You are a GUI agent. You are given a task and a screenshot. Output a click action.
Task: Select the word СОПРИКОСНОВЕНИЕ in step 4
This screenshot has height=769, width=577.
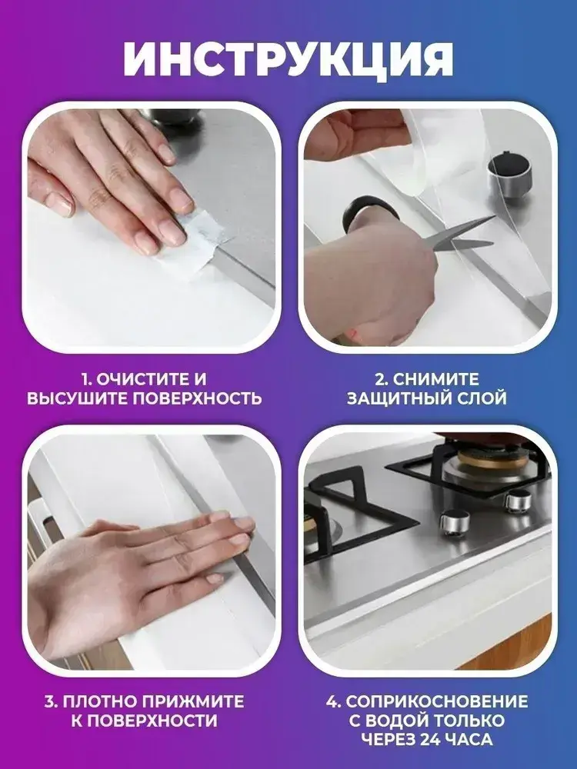(x=437, y=701)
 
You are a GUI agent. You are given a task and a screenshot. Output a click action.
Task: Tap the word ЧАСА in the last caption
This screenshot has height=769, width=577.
(x=471, y=739)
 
